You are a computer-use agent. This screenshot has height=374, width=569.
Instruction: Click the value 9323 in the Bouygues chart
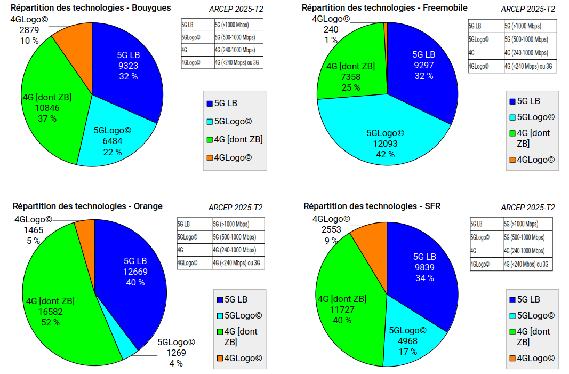[x=128, y=66]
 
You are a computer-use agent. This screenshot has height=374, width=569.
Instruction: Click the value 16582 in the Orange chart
[x=51, y=312]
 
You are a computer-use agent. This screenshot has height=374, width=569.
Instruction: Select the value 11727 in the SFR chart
[x=342, y=309]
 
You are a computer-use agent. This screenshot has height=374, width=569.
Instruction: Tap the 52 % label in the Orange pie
[x=51, y=322]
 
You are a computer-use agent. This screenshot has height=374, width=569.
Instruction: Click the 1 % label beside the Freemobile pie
[x=331, y=40]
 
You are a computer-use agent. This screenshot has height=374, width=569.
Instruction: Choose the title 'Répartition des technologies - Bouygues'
[x=91, y=8]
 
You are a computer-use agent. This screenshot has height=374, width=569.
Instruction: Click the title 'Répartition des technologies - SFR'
[x=372, y=206]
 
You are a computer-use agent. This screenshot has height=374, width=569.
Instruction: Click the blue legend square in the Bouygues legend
[x=210, y=104]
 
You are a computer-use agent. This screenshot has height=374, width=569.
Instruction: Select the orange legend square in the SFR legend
[x=512, y=358]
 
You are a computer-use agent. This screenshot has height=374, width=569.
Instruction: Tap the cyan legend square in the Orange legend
[x=219, y=315]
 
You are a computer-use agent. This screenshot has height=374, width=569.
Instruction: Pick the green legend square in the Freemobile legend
[x=512, y=133]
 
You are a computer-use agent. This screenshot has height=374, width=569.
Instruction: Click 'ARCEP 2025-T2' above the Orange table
[x=235, y=208]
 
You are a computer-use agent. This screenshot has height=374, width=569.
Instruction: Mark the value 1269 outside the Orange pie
[x=176, y=353]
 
